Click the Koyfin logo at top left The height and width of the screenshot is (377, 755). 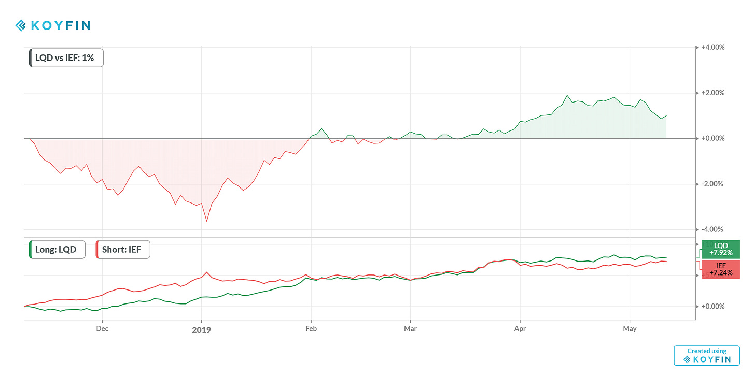point(53,25)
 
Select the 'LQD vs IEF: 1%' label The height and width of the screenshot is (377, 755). point(66,58)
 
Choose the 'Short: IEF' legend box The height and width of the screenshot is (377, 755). point(123,249)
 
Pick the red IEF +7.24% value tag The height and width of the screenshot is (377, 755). point(721,269)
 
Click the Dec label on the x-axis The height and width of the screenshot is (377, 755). point(102,328)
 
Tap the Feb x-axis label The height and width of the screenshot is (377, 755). point(311,328)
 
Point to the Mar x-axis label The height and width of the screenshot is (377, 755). point(410,328)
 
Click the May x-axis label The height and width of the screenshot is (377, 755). point(629,328)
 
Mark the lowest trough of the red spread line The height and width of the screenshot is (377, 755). point(207,221)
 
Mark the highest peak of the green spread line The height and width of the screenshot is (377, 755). point(567,96)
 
